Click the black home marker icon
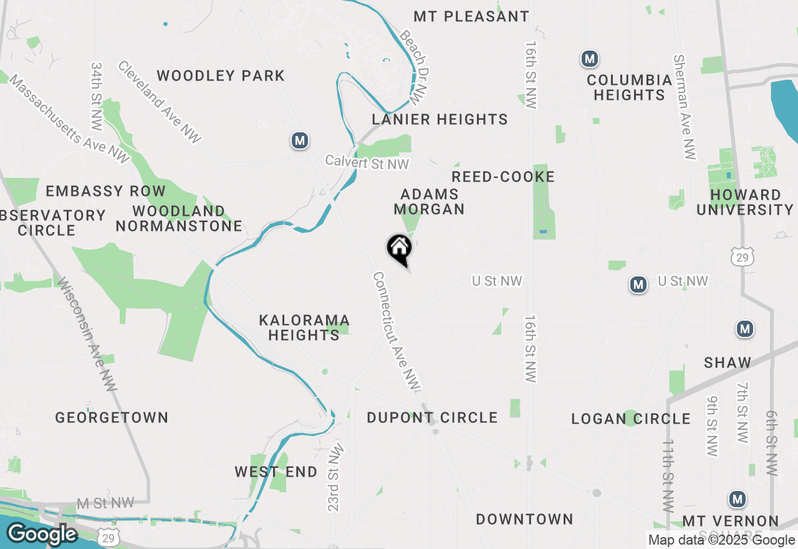pyautogui.click(x=399, y=248)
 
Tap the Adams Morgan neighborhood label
pyautogui.click(x=430, y=202)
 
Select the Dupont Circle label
pyautogui.click(x=432, y=417)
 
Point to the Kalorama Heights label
pyautogui.click(x=304, y=328)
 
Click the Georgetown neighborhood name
pyautogui.click(x=112, y=417)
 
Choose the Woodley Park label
pyautogui.click(x=221, y=76)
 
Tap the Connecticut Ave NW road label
pyautogui.click(x=396, y=331)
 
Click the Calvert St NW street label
pyautogui.click(x=367, y=162)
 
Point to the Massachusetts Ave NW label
pyautogui.click(x=69, y=120)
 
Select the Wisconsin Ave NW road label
pyautogui.click(x=87, y=333)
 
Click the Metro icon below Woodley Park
pyautogui.click(x=300, y=140)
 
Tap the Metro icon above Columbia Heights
pyautogui.click(x=589, y=59)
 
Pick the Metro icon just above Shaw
pyautogui.click(x=744, y=328)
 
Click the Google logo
pyautogui.click(x=42, y=535)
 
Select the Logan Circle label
pyautogui.click(x=631, y=419)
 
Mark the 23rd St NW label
pyautogui.click(x=335, y=477)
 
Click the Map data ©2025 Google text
pyautogui.click(x=721, y=540)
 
